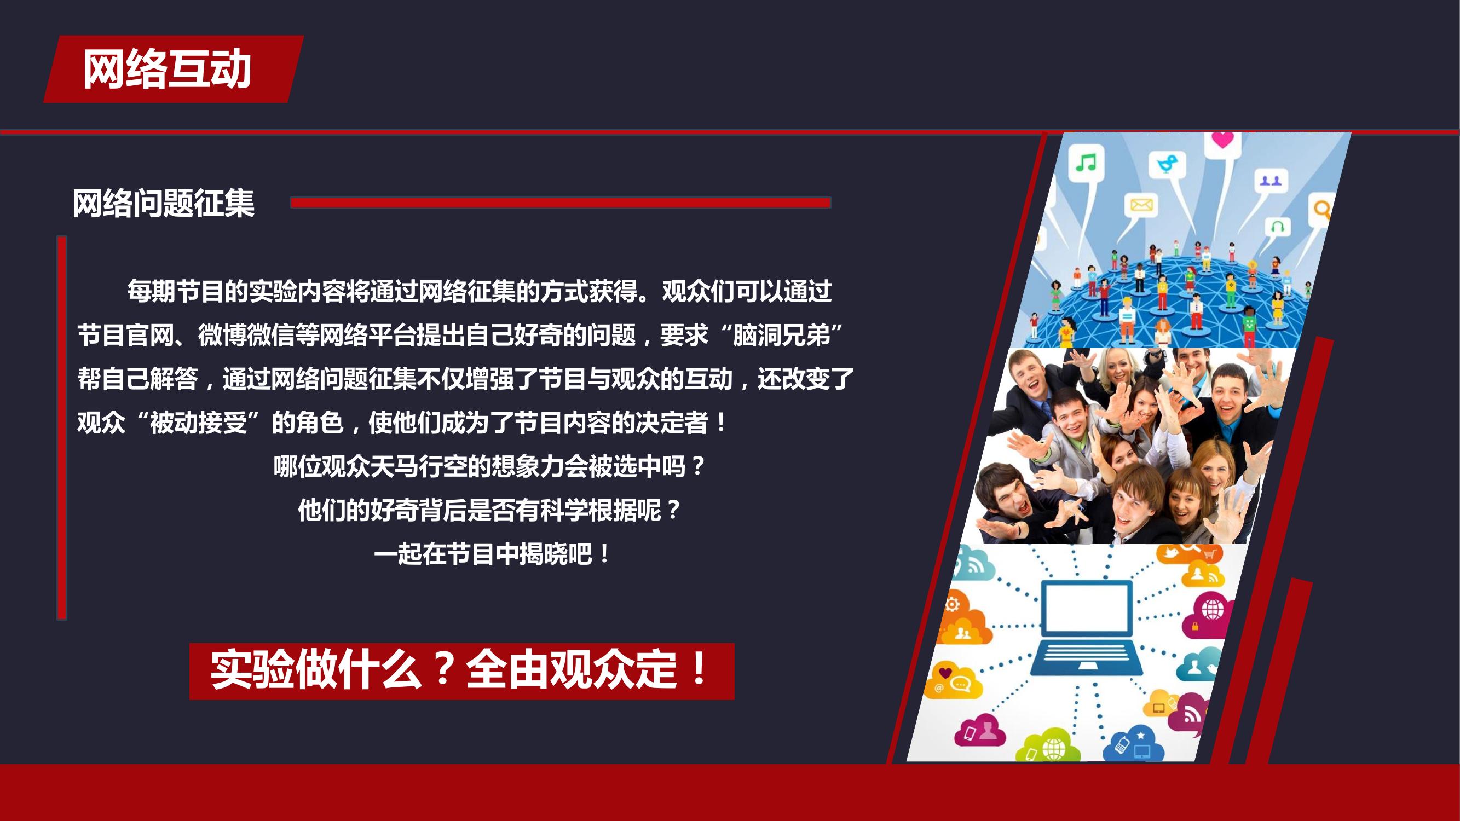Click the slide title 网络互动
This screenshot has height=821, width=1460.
[167, 69]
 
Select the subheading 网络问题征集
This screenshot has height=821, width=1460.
[163, 204]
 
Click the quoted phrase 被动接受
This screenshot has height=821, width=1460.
[198, 423]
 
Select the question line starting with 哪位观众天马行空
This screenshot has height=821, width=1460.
[489, 466]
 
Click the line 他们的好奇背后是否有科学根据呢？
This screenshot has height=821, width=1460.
[489, 510]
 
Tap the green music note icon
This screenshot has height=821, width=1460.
[1086, 163]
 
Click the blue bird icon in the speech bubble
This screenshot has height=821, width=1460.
[1167, 163]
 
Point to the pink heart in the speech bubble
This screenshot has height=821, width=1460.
[1222, 140]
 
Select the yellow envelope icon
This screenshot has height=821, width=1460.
[1141, 204]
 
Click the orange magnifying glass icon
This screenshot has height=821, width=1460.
[1322, 210]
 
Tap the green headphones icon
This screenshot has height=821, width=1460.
[1278, 227]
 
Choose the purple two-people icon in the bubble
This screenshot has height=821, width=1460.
[1270, 181]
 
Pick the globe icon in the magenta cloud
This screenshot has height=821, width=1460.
[1213, 610]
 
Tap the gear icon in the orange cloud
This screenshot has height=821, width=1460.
[952, 604]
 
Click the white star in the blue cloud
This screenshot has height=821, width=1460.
[1140, 736]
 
